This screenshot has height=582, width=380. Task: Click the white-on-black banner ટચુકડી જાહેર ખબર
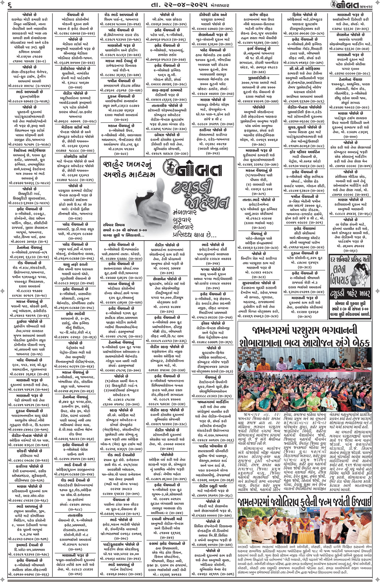point(350,293)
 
